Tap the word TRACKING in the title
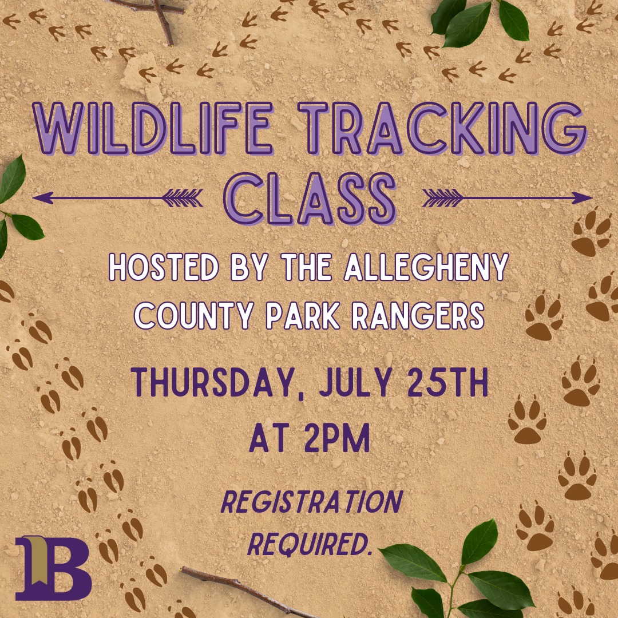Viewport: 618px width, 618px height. coord(442,129)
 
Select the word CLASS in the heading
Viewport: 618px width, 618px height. coord(310,199)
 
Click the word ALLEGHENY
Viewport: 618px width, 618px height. coord(426,267)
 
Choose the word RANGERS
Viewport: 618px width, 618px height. coord(418,316)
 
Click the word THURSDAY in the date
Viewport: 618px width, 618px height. coord(213,382)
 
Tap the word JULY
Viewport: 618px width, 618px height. coord(355,382)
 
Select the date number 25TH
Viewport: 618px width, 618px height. coord(448,382)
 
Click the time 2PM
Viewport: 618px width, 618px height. coord(338,438)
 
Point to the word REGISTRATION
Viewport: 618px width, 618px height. coord(312,502)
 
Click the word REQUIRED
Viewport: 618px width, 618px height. coord(310,544)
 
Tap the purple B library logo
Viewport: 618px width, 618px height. coord(54,568)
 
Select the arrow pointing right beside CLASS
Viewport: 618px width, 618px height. coord(508,197)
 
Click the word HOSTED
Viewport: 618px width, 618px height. coord(164,267)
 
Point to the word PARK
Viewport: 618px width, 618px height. coord(303,316)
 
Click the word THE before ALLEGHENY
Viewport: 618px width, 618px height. coord(307,267)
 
